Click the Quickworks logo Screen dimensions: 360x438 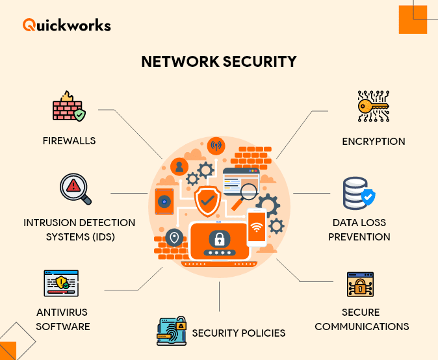66,25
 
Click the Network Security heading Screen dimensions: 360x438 219,62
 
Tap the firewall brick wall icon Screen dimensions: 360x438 68,107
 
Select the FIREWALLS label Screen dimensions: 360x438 69,141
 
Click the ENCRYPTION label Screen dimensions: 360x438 374,141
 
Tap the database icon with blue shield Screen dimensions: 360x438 359,193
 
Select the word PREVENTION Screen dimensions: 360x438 359,237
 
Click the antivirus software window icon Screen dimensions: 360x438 61,283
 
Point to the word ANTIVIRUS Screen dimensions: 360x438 62,312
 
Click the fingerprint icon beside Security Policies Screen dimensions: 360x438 172,331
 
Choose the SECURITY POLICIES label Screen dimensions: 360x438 238,333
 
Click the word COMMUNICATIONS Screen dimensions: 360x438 362,326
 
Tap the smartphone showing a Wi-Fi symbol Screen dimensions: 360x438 257,227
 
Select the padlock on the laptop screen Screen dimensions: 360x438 219,238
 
